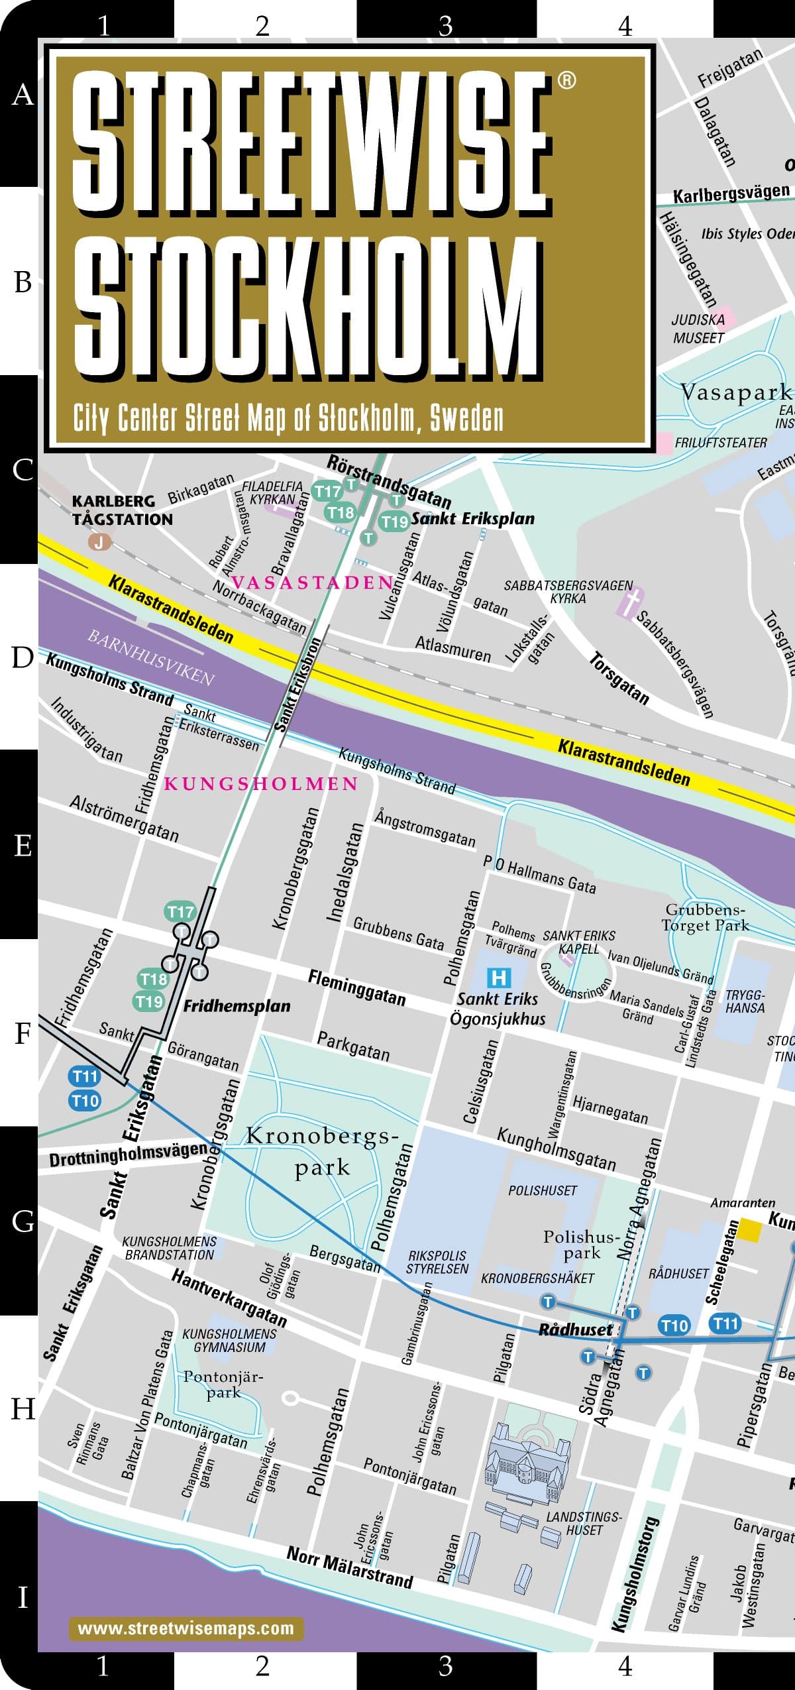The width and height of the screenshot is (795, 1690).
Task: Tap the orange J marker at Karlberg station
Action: coord(99,542)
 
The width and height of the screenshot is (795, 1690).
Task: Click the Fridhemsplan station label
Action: coord(237,1006)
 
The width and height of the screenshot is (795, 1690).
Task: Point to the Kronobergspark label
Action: coord(323,1151)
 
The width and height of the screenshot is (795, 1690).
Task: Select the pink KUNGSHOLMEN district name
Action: coord(261,784)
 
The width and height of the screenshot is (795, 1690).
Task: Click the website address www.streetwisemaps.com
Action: coord(185,1628)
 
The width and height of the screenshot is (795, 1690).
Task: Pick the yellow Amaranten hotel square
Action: coord(750,1230)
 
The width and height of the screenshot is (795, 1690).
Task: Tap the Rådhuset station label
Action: coord(575,1329)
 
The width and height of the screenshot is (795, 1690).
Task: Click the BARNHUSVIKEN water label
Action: coord(151,657)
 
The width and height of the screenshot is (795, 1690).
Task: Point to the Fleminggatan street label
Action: coord(356,987)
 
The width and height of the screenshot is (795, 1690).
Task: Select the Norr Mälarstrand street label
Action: coord(349,1567)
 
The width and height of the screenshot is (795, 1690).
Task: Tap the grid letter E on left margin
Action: coord(23,846)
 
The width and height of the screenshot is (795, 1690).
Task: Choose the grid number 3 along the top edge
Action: coord(445,25)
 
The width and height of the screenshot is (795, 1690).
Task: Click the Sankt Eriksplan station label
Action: coord(472,518)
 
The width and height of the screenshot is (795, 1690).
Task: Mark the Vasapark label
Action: coord(735,392)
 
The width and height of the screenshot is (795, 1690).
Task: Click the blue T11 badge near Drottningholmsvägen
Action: coord(85,1076)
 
